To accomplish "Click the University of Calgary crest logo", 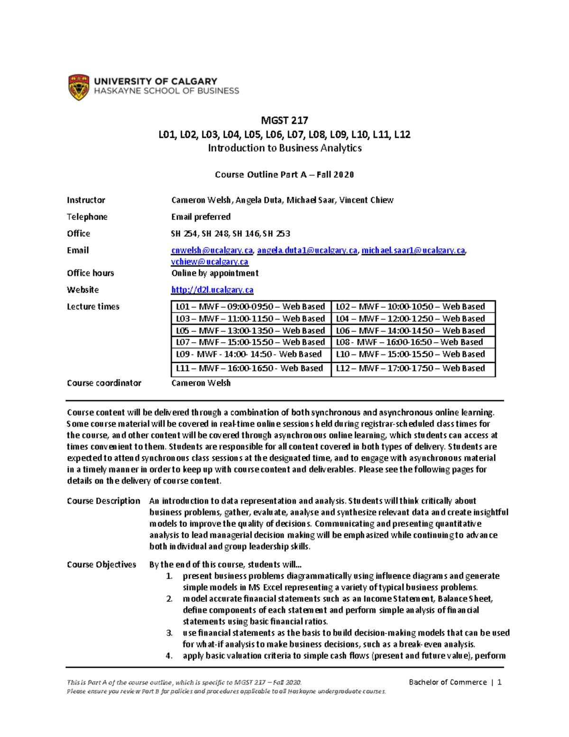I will coord(79,87).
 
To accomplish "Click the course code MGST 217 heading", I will coord(284,121).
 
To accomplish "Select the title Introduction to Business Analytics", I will coord(284,148).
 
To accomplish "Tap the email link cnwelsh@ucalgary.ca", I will coord(212,251).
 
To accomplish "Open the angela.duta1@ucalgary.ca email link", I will coord(307,251).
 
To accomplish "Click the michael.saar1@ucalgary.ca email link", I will coord(413,251).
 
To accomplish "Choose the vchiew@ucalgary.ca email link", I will coord(210,262).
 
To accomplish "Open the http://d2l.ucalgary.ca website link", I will coord(212,290).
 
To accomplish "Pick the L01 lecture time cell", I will coord(250,307).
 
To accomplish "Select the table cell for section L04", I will coord(411,318).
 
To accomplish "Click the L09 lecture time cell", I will coord(249,354).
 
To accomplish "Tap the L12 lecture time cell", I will coord(411,368).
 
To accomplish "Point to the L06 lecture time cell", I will coord(411,331).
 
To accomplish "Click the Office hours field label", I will coord(91,273).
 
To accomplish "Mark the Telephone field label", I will coord(87,217).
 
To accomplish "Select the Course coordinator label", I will coord(104,383).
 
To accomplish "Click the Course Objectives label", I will coord(101,565).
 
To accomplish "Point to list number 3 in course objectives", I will coord(169,633).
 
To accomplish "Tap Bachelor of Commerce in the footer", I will coord(448,682).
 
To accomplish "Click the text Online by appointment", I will coord(215,273).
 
